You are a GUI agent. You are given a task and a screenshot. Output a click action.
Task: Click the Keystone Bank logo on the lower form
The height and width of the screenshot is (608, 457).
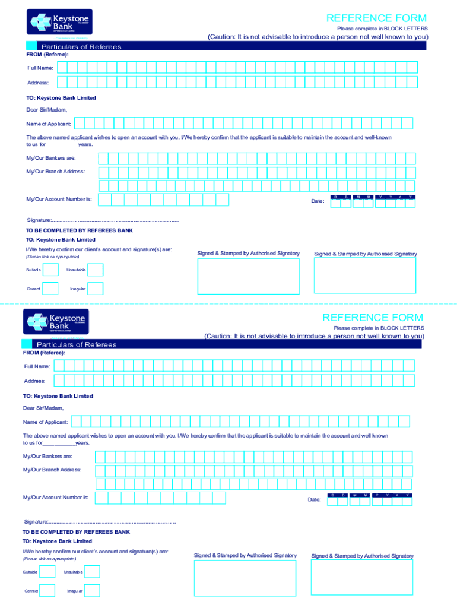point(56,321)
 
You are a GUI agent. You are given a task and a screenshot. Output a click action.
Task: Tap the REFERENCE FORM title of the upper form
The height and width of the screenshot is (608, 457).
point(376,18)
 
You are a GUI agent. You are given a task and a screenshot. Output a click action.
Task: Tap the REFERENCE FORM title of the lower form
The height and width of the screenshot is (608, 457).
point(373,318)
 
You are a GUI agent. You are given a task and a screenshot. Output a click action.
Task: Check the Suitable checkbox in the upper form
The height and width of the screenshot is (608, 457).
point(51,270)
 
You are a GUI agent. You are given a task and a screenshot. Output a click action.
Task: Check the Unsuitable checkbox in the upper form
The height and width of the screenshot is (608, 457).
point(96,270)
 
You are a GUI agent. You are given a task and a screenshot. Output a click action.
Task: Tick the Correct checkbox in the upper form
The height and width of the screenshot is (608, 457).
point(51,289)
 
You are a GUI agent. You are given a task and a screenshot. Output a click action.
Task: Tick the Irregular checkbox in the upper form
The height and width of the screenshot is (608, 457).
point(96,289)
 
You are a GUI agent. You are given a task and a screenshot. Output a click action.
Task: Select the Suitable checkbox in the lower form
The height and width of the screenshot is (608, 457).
point(48,572)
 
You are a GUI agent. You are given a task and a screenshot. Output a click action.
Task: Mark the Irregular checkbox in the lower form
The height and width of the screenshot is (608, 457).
point(93,591)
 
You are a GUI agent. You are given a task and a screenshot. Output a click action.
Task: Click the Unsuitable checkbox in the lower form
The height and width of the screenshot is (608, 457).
point(93,572)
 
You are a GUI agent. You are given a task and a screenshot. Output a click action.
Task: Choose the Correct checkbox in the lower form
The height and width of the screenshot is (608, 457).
point(48,591)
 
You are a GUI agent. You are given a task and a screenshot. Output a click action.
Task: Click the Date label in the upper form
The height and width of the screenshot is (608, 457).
point(318,201)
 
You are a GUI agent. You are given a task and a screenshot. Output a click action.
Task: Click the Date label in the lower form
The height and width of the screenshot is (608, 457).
point(314,499)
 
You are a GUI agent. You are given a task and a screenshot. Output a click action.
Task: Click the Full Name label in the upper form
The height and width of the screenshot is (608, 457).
point(40,68)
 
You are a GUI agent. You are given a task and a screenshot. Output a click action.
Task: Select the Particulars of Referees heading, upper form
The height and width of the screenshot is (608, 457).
point(81,47)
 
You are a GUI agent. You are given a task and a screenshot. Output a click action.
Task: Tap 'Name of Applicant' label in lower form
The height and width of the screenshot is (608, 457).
point(46,422)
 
